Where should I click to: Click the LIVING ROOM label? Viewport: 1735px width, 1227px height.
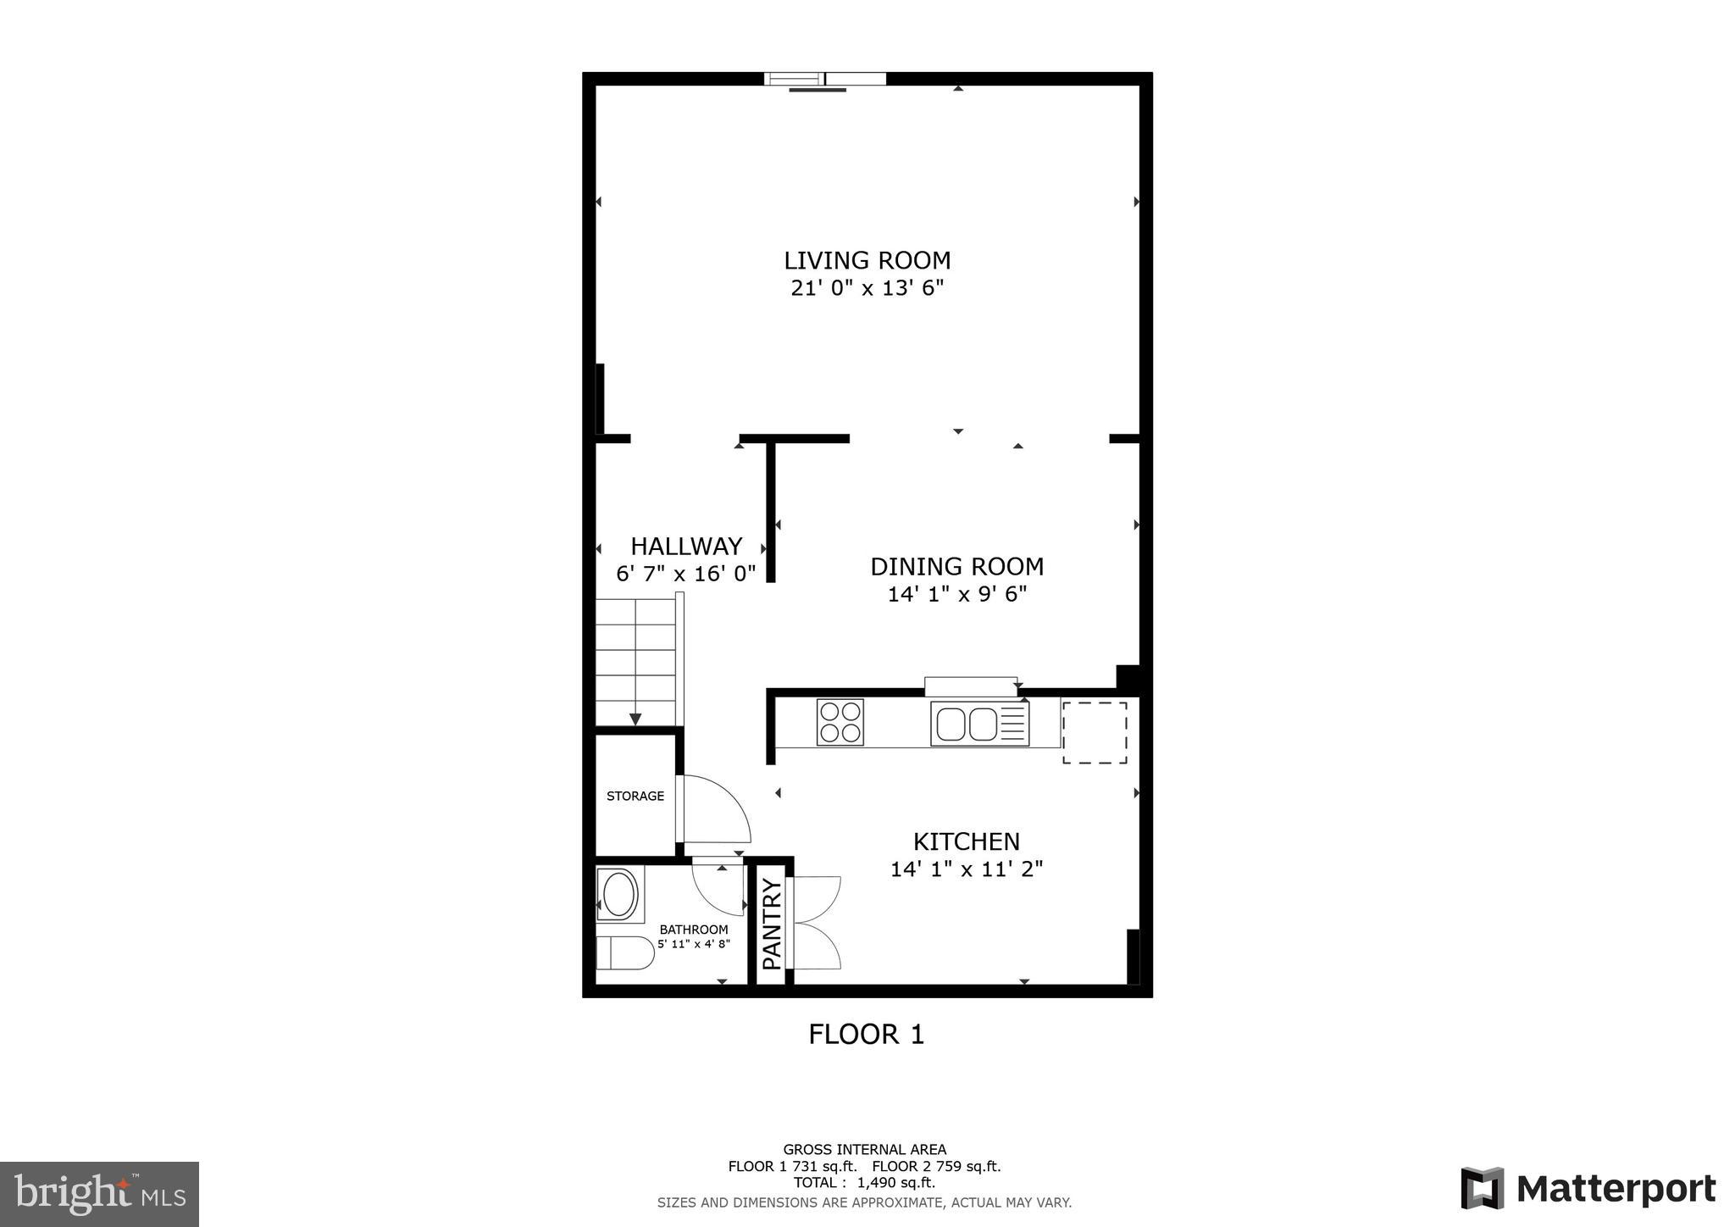click(x=867, y=260)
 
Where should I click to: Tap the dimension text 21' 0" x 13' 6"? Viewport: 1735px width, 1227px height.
click(x=867, y=289)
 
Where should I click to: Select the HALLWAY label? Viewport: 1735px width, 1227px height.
click(x=686, y=546)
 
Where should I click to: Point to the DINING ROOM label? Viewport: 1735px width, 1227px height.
click(x=956, y=566)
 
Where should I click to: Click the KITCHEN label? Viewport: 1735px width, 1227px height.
click(x=966, y=841)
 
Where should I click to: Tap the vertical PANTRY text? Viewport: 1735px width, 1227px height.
click(x=771, y=924)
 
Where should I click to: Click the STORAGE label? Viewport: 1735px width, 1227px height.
click(x=635, y=796)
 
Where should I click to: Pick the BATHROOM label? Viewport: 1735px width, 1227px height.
click(x=694, y=930)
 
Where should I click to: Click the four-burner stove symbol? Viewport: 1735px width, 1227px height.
click(x=840, y=722)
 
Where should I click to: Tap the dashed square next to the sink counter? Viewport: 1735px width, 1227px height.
click(x=1095, y=732)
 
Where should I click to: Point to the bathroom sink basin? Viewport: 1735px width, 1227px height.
click(x=618, y=895)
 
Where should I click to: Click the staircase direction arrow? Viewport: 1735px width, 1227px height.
click(x=635, y=719)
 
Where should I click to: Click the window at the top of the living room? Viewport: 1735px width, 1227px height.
click(x=824, y=80)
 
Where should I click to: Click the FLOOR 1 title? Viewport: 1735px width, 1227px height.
click(x=866, y=1034)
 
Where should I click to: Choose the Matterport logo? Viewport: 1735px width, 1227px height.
click(x=1588, y=1189)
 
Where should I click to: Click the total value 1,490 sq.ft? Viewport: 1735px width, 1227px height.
click(x=896, y=1182)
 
